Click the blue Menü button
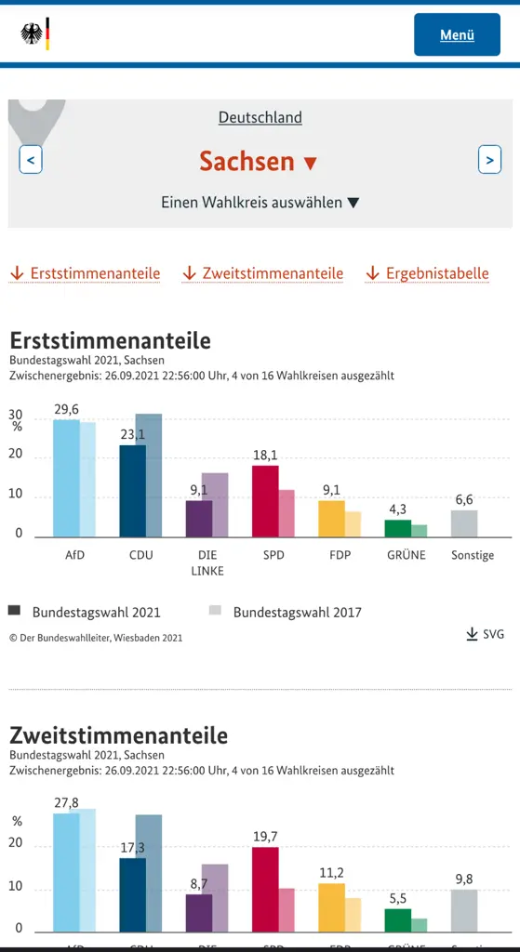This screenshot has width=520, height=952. (x=457, y=34)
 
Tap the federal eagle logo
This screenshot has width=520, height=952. (x=35, y=35)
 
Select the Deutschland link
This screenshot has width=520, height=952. (x=260, y=117)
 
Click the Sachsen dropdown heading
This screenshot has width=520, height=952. (x=259, y=161)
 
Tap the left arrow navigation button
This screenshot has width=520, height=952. (x=31, y=160)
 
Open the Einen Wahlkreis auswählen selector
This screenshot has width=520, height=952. (x=260, y=202)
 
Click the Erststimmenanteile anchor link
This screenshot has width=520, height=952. (x=85, y=273)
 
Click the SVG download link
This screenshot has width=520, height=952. (x=486, y=634)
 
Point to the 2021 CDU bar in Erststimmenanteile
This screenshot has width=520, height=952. (x=132, y=491)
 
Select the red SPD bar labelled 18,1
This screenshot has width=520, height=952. (x=265, y=501)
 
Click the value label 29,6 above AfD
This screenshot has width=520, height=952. (x=67, y=409)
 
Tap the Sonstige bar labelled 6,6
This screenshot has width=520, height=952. (x=464, y=523)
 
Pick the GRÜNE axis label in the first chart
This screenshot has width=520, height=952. (x=406, y=555)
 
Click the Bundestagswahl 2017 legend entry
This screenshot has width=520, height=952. (x=286, y=612)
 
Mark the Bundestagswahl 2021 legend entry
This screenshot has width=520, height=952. (x=85, y=612)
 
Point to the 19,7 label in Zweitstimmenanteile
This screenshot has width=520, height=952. (x=266, y=837)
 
